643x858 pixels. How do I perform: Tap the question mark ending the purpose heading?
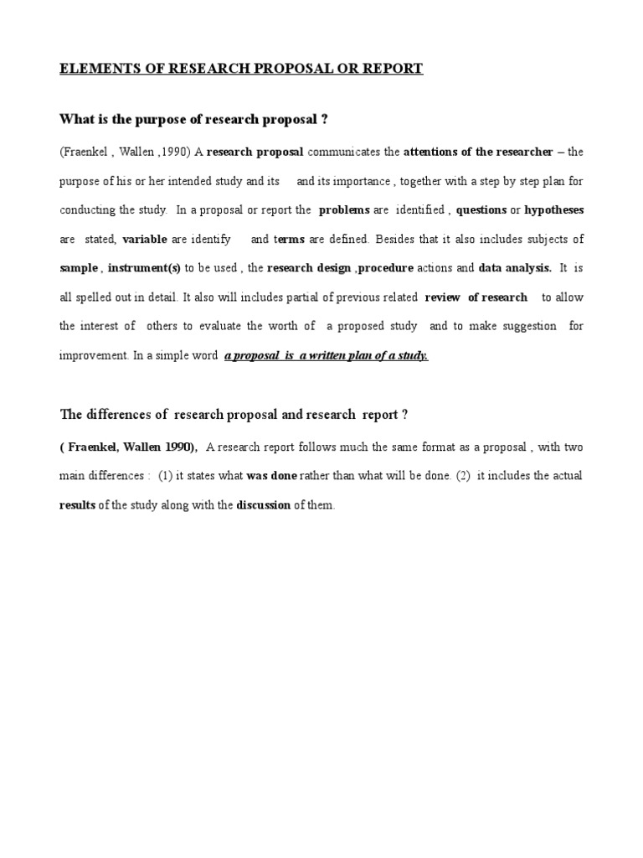pyautogui.click(x=324, y=119)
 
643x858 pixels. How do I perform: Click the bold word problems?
pyautogui.click(x=344, y=209)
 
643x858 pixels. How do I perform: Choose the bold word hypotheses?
pyautogui.click(x=553, y=209)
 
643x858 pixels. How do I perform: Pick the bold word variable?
pyautogui.click(x=145, y=239)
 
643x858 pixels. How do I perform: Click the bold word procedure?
pyautogui.click(x=386, y=268)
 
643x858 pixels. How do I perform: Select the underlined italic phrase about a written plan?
pyautogui.click(x=327, y=355)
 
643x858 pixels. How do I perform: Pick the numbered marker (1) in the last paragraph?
pyautogui.click(x=165, y=476)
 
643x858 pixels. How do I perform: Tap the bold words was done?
pyautogui.click(x=272, y=476)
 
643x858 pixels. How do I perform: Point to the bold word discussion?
pyautogui.click(x=264, y=505)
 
